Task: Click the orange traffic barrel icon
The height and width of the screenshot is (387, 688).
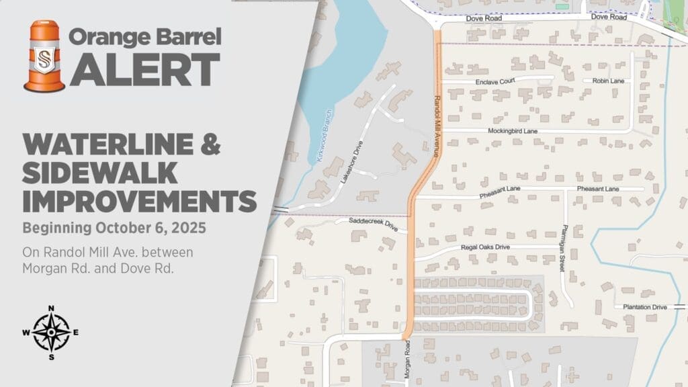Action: coord(44,56)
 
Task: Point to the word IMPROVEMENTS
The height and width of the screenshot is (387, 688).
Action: coord(139,201)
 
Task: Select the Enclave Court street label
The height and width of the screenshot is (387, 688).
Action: coord(494,81)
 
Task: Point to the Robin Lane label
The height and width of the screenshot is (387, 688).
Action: coord(608,81)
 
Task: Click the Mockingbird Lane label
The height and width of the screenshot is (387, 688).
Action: coord(513,130)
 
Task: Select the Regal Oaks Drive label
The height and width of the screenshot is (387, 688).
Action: coord(485,247)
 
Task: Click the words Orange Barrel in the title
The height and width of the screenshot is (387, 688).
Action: coord(145,37)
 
